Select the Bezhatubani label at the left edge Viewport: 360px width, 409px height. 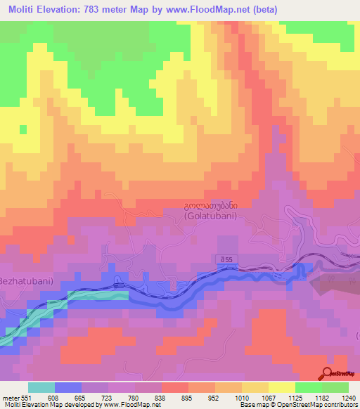pyautogui.click(x=27, y=281)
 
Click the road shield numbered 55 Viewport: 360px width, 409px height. pyautogui.click(x=226, y=261)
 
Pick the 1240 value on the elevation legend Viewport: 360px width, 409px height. pyautogui.click(x=348, y=398)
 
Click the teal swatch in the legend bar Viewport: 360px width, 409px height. pyautogui.click(x=41, y=387)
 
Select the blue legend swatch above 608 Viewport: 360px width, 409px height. pyautogui.click(x=68, y=387)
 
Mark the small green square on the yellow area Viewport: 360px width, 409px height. pyautogui.click(x=22, y=129)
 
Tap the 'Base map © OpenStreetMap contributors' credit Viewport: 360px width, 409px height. pyautogui.click(x=297, y=405)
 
